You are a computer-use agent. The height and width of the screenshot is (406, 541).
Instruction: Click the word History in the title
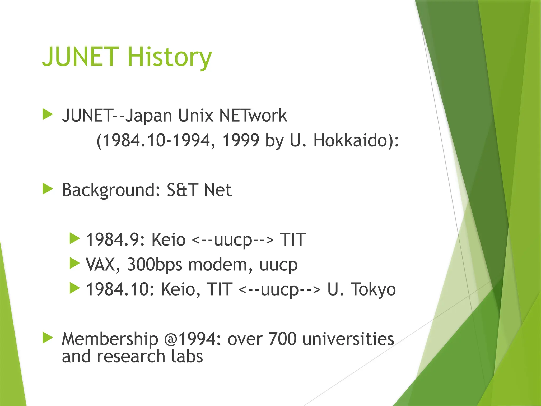click(170, 57)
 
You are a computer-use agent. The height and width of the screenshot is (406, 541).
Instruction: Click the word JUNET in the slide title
click(81, 57)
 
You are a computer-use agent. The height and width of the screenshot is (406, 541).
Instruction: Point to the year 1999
click(241, 140)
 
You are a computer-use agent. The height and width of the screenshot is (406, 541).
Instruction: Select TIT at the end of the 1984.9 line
click(293, 239)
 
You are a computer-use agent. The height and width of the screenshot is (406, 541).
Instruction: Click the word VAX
click(100, 264)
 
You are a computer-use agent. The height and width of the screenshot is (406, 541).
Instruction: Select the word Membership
click(110, 339)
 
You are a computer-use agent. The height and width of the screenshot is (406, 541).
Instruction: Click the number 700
click(282, 339)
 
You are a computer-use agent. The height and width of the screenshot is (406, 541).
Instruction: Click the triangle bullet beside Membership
click(48, 338)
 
